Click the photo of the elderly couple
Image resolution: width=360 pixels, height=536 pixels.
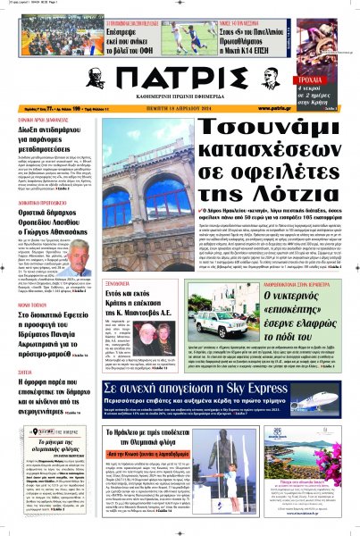pyautogui.click(x=163, y=315)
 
